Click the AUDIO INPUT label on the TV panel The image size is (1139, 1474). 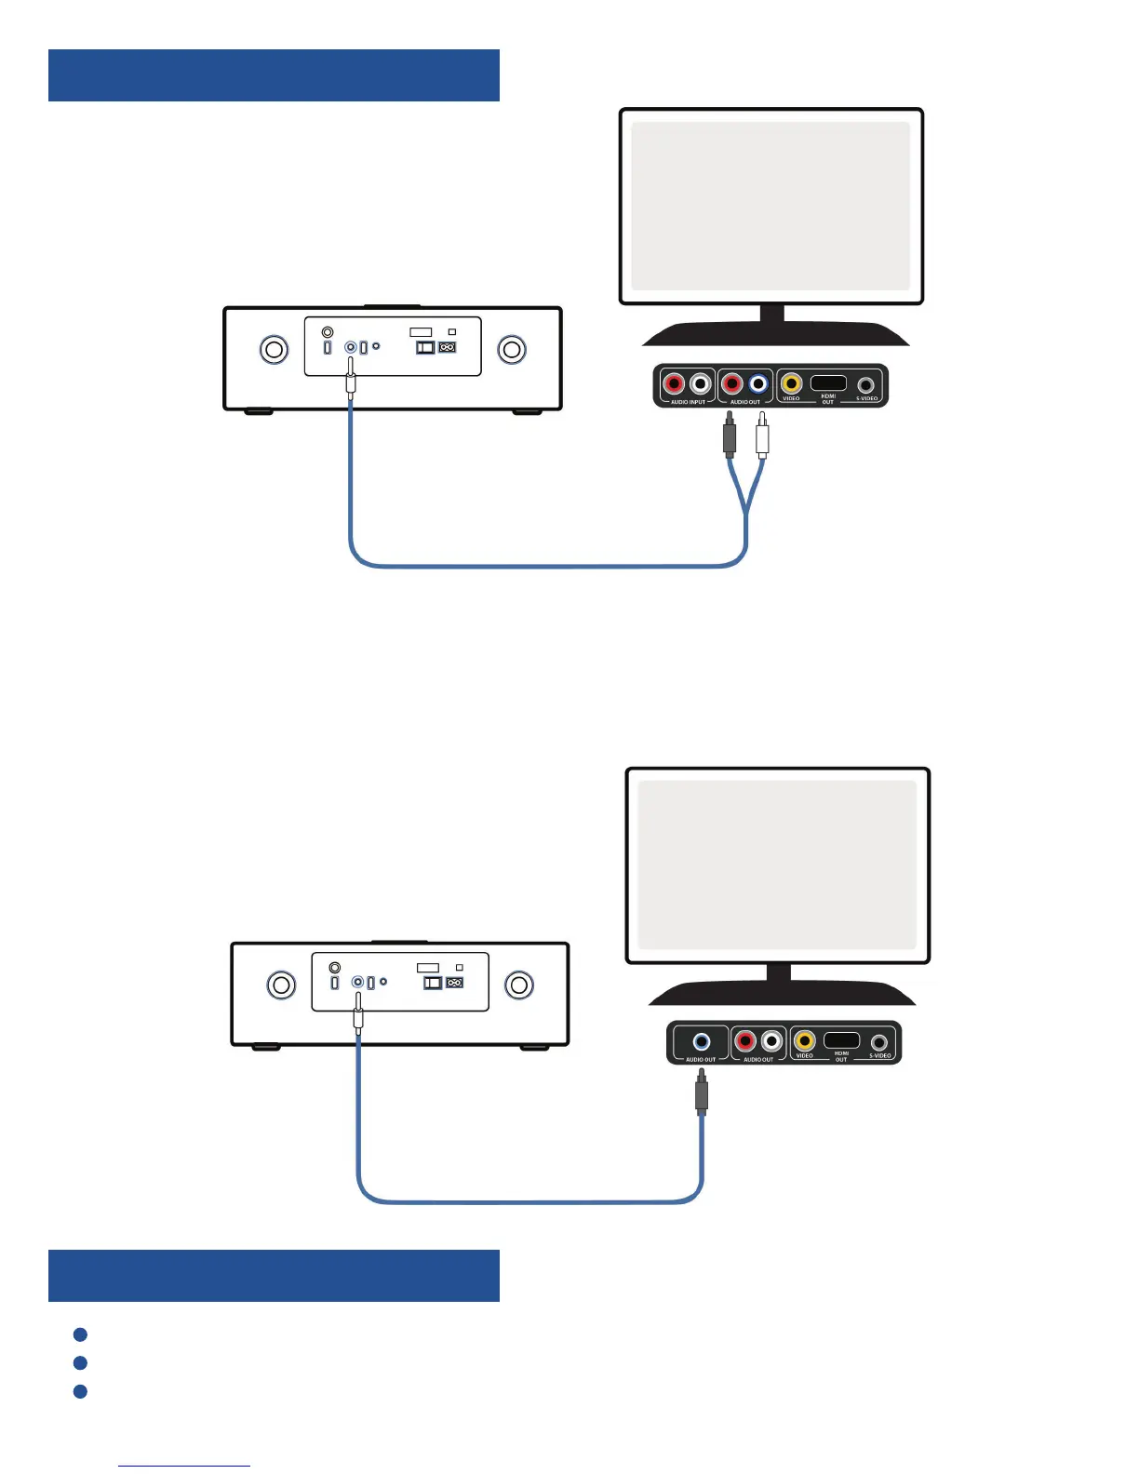[x=689, y=402]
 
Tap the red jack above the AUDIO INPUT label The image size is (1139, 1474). [x=674, y=383]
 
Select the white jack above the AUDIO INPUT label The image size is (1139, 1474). [x=701, y=383]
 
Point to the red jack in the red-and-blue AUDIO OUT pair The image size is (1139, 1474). [x=732, y=383]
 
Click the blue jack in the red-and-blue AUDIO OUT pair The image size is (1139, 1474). [x=758, y=383]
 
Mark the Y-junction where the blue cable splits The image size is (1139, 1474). [x=745, y=511]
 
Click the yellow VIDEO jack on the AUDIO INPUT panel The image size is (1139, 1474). [x=791, y=382]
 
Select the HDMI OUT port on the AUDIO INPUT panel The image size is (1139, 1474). [x=828, y=382]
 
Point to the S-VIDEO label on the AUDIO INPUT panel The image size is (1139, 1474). [x=867, y=398]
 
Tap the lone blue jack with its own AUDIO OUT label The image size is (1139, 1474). [x=702, y=1041]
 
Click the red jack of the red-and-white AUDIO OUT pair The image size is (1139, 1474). [x=745, y=1041]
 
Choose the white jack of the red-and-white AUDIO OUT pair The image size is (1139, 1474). [x=771, y=1041]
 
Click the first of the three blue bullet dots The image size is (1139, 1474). [x=80, y=1334]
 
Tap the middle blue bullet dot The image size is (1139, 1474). [x=80, y=1362]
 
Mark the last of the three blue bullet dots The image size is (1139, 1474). [x=80, y=1391]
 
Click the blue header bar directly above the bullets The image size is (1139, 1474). [x=274, y=1275]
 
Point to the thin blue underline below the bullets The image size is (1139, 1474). [x=184, y=1466]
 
